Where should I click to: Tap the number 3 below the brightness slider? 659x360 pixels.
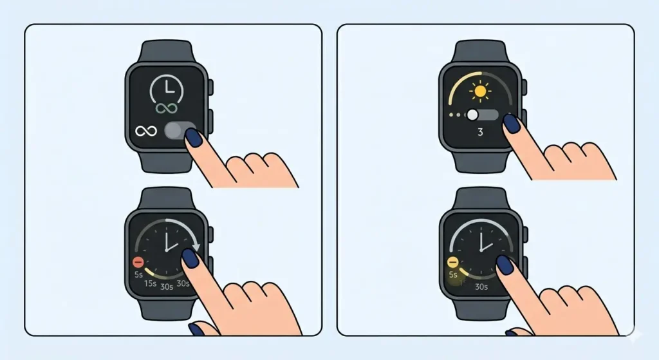tap(479, 133)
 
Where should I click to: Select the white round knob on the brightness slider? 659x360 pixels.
tap(473, 115)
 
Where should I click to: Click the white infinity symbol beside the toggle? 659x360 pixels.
tap(145, 131)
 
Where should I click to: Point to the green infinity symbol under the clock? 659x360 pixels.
tap(165, 108)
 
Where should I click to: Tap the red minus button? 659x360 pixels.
tap(137, 262)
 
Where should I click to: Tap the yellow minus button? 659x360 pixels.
tap(452, 262)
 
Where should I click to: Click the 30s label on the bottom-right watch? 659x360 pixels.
tap(481, 287)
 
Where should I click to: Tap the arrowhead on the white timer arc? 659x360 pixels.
tap(196, 247)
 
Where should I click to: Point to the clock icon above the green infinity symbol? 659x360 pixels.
tap(165, 87)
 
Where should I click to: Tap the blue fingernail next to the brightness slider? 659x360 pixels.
tap(511, 123)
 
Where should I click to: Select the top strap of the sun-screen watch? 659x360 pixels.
tap(479, 52)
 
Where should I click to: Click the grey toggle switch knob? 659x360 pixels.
tap(174, 131)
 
